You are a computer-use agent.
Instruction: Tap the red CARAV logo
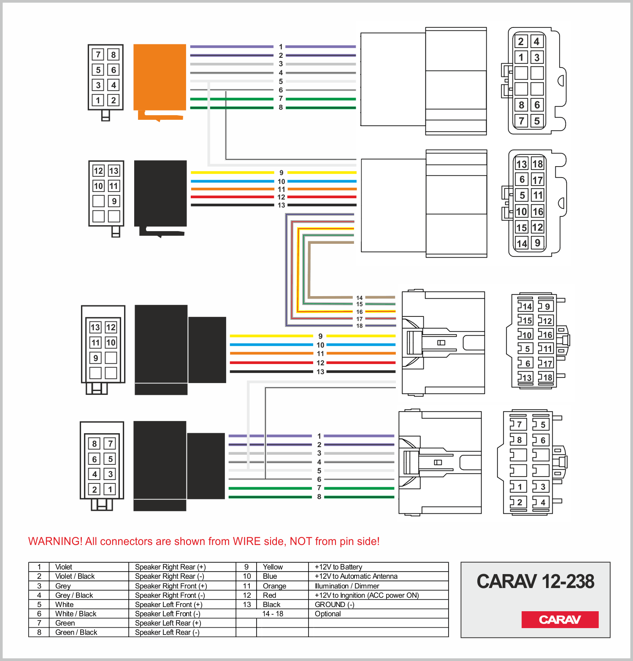pos(560,619)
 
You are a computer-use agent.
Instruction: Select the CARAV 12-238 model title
pos(536,582)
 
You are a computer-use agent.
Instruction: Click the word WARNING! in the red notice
pos(55,541)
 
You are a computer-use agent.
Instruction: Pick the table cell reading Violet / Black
pos(75,576)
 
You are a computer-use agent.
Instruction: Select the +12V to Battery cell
pos(338,567)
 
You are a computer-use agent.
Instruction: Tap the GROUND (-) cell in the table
pos(335,604)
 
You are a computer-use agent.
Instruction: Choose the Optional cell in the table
pos(328,614)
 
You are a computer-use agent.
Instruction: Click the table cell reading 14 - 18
pos(273,614)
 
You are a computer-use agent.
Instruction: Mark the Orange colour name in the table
pos(274,586)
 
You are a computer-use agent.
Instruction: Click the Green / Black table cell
pos(76,632)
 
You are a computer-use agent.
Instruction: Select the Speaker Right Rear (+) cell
pos(170,567)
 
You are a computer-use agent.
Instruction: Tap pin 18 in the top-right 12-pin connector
pos(537,164)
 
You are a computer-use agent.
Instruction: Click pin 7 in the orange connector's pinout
pos(98,54)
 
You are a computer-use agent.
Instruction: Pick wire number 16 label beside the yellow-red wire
pos(360,312)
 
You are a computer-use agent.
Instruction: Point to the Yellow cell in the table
pos(273,567)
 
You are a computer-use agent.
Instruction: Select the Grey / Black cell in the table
pos(74,595)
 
